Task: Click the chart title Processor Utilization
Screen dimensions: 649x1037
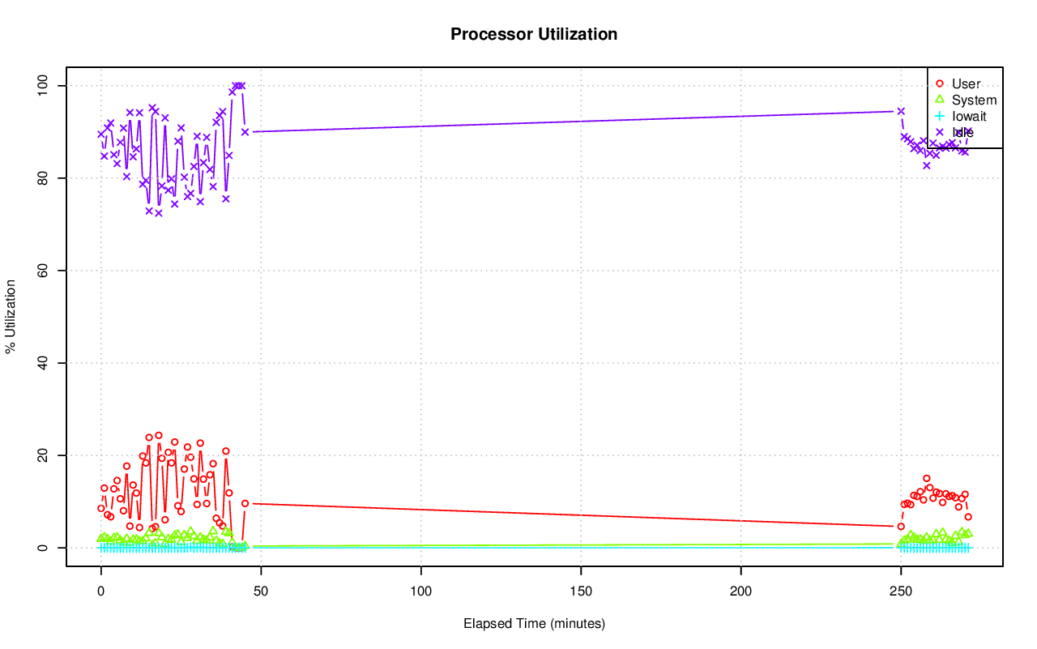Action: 534,34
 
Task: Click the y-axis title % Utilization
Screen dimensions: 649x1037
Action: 11,316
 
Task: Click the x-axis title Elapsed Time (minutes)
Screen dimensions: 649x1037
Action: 534,624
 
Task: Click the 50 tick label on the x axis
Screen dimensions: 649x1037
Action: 261,591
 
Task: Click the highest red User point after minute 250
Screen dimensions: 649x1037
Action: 927,478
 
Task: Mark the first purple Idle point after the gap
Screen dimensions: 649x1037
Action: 901,111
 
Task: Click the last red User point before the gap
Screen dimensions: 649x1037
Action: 245,503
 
